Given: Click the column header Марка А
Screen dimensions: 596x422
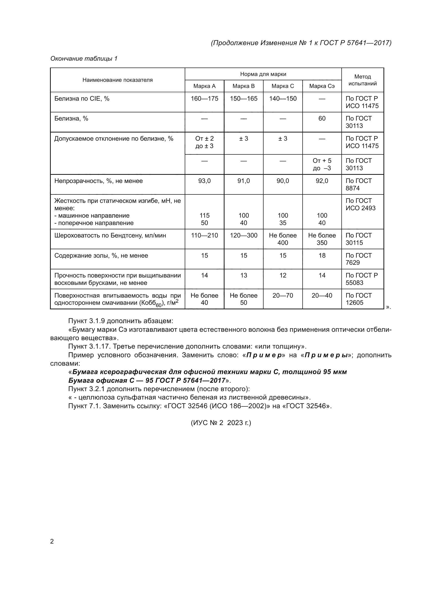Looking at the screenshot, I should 204,86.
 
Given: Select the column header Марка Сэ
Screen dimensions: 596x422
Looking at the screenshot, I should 322,86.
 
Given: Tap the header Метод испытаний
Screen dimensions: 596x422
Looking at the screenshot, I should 363,80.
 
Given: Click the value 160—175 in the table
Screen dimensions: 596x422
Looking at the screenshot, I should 204,99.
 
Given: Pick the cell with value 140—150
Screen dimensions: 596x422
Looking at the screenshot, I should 283,99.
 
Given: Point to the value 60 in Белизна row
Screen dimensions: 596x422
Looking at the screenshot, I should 322,119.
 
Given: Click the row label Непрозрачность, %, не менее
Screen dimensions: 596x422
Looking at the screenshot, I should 98,181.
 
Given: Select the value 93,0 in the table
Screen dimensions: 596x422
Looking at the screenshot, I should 204,181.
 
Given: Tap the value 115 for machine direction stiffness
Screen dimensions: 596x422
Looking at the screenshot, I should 204,216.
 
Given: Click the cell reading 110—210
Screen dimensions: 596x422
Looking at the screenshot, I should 204,235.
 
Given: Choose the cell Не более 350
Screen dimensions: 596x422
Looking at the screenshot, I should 322,239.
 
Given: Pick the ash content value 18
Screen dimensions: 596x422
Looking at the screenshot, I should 322,255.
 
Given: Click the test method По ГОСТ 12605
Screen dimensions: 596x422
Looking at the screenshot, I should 358,299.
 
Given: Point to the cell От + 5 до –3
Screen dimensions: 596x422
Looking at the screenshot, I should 322,164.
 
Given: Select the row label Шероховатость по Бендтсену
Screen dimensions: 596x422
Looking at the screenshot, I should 110,235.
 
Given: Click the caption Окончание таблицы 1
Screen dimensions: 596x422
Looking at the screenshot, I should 84,59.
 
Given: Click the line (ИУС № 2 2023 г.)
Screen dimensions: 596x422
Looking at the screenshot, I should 221,423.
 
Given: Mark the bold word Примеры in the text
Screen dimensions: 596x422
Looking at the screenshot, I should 326,355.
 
